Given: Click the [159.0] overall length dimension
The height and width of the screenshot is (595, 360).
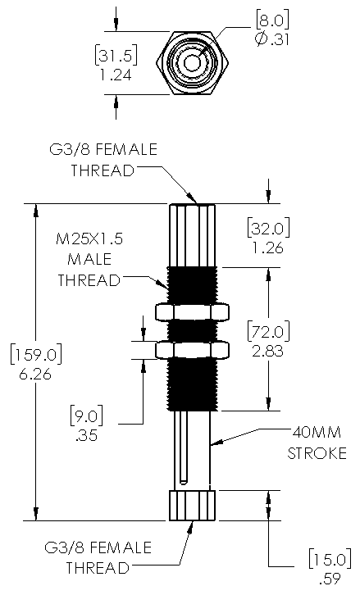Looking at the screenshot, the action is coord(36,355).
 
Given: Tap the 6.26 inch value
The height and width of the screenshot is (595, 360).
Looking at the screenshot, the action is coord(35,375).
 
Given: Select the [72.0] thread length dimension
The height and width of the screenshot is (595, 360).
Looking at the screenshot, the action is coord(268,331).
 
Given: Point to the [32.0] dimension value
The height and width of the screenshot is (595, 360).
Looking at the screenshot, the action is coord(268,229).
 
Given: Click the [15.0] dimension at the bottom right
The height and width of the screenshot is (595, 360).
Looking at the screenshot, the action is coord(330,559).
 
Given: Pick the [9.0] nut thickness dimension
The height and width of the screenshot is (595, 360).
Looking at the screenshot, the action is coord(87,416).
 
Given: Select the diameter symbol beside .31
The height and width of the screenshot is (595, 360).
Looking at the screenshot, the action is coord(262,39).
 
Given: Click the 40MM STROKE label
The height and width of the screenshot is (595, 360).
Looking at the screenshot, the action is coord(317,443).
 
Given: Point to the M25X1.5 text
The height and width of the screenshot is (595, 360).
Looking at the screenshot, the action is coord(89,239).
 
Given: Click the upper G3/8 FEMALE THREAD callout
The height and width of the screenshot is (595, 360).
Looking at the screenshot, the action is coord(103,160).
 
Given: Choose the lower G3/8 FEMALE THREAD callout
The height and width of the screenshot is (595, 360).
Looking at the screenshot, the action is coord(98,558).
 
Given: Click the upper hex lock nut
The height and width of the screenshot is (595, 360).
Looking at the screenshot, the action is coord(193,311).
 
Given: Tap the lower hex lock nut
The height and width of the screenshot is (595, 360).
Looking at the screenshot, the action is coord(193,350).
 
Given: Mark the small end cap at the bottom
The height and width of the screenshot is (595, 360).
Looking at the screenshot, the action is coord(193,506).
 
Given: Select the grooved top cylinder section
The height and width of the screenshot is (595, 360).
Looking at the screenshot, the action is coord(193,236).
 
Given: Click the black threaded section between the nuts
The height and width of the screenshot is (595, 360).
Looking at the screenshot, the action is coord(193,331).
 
